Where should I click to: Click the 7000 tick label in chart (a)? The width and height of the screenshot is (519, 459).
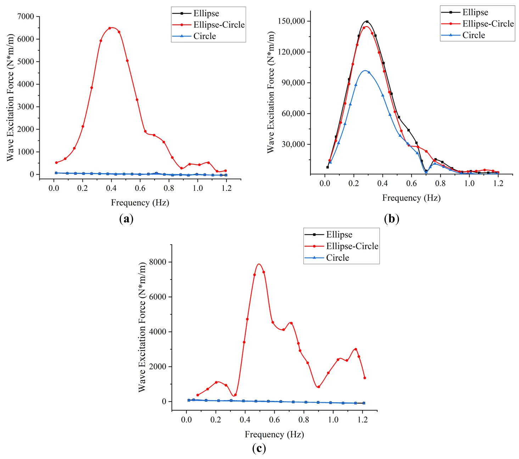[x=26, y=17]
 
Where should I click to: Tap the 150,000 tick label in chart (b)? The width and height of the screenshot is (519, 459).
[x=291, y=21]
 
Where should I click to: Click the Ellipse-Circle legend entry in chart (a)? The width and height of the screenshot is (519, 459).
[x=219, y=25]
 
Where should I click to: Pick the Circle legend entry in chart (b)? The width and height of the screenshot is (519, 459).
[x=473, y=35]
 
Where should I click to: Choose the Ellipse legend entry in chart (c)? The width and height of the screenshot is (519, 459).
[x=339, y=234]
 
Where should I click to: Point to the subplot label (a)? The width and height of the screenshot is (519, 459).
[x=127, y=219]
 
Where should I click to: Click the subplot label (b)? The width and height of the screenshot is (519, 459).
[x=391, y=219]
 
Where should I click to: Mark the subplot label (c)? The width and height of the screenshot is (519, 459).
[x=259, y=448]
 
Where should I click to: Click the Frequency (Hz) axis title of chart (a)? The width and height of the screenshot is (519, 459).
[x=140, y=203]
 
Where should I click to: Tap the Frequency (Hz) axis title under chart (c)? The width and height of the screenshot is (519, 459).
[x=274, y=434]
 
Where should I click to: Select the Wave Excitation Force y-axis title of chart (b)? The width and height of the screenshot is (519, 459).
[x=271, y=92]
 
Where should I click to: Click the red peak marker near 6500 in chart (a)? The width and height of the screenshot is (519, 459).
[x=110, y=28]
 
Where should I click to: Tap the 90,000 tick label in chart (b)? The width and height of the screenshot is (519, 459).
[x=293, y=83]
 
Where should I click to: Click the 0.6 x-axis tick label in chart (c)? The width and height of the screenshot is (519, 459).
[x=274, y=420]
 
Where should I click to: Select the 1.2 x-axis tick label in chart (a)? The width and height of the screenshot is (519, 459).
[x=227, y=188]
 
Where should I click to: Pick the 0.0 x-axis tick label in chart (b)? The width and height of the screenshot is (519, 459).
[x=325, y=183]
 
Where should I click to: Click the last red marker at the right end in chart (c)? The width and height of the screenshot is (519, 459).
[x=364, y=378]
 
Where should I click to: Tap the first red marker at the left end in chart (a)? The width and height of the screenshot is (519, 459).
[x=56, y=162]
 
